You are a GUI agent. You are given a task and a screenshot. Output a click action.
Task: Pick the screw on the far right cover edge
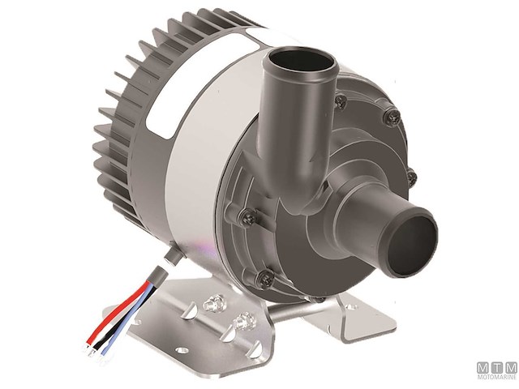click(x=411, y=177)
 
